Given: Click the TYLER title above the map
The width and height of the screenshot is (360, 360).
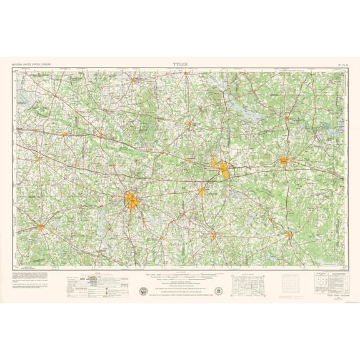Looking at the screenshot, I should coord(181,64).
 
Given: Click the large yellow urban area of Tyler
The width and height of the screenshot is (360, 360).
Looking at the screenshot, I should coord(132,199).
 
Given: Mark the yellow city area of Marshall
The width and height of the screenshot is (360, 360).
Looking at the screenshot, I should coord(286,161).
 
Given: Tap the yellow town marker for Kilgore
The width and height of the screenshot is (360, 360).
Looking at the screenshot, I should coord(201,191).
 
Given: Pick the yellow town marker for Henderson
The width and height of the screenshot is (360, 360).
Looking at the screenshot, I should coord(213,236).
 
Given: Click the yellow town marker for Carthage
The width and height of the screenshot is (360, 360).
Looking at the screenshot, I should coord(289,235).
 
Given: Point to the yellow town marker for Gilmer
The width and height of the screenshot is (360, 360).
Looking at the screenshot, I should coord(188,124).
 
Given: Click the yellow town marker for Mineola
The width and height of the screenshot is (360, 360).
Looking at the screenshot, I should coord(100,135).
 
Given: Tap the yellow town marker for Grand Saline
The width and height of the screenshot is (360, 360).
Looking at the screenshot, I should coord(64,134).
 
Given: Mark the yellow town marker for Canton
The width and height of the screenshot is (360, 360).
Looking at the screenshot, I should coord(37,159).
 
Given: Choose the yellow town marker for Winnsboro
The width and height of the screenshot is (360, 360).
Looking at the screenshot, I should coord(134,79).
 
